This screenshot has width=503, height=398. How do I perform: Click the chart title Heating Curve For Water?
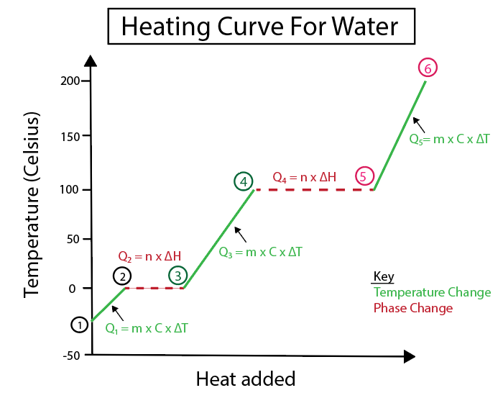tap(259, 27)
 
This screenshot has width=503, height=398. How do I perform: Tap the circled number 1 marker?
tap(79, 325)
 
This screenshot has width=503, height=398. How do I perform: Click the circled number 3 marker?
tap(178, 275)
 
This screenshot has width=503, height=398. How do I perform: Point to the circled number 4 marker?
tap(244, 182)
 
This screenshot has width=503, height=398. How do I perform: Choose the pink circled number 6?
tap(428, 68)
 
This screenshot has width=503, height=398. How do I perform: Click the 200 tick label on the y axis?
tap(69, 81)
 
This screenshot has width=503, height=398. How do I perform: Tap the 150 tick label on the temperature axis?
tap(69, 135)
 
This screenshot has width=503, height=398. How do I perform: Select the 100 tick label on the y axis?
tap(69, 189)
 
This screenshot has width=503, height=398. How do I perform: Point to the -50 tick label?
tap(70, 355)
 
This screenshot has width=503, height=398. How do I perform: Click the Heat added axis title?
tap(245, 379)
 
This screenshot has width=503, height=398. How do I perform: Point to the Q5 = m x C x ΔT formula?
tap(449, 139)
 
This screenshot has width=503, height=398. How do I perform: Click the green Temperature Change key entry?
tap(432, 292)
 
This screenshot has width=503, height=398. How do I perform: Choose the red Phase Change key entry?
tap(413, 308)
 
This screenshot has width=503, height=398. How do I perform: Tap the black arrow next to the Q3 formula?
tap(242, 235)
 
